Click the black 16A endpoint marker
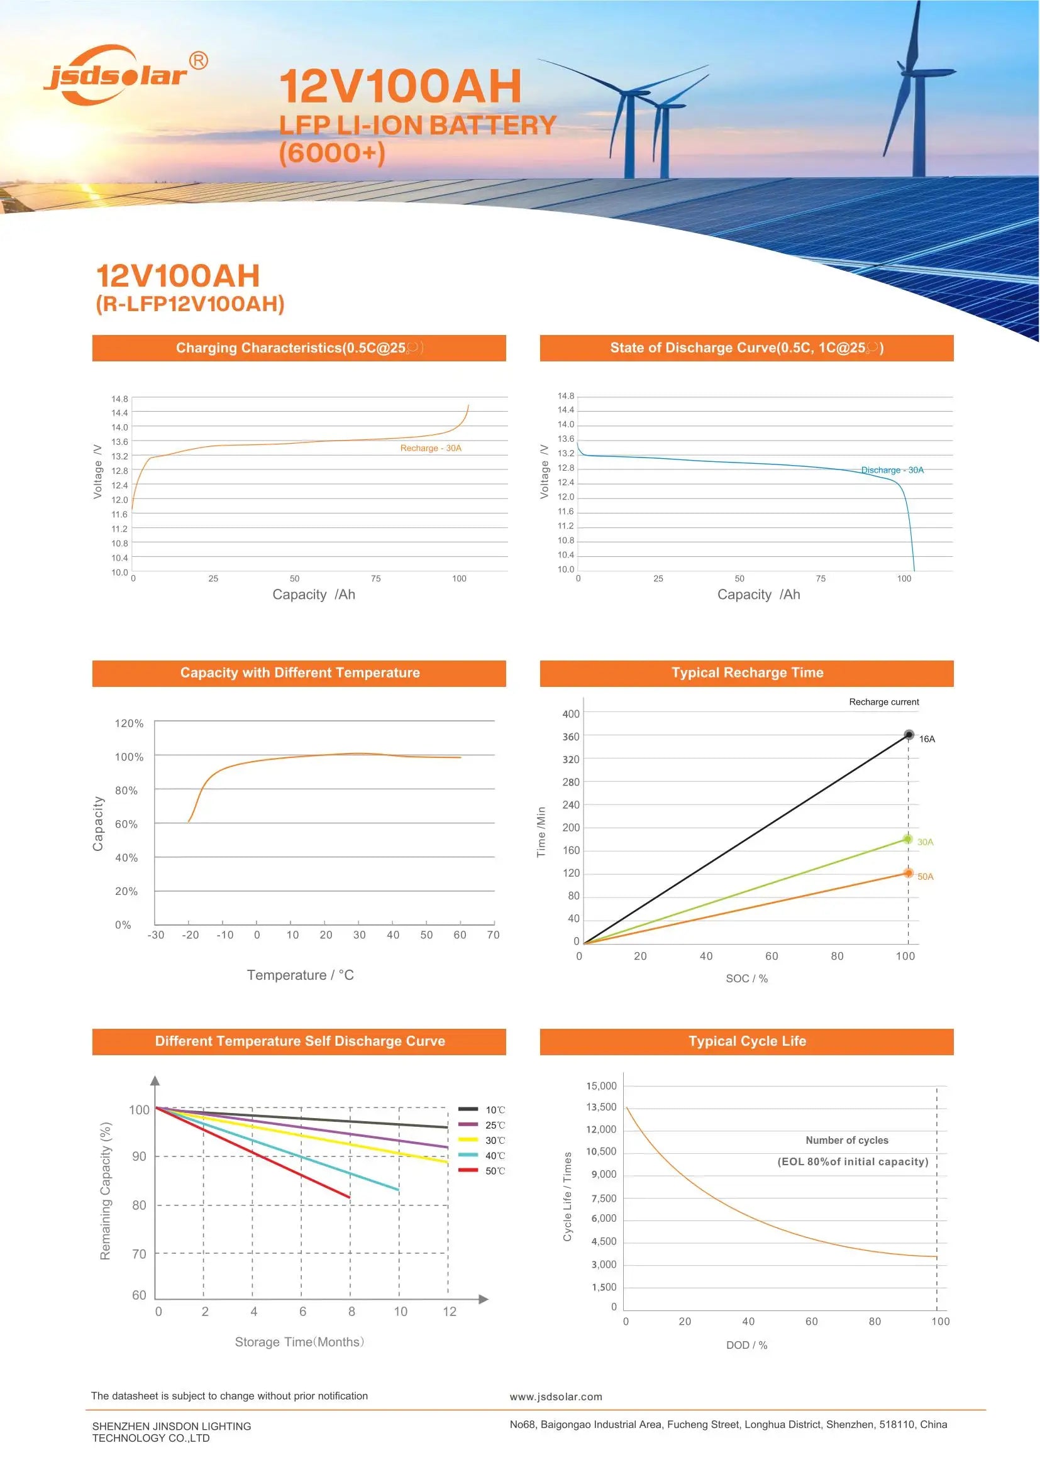click(x=909, y=734)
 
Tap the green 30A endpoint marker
click(x=907, y=839)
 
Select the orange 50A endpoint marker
click(x=908, y=873)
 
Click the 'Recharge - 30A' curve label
click(x=430, y=448)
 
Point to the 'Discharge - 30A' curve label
click(x=892, y=470)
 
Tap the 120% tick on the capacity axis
click(x=129, y=723)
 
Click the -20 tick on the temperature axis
click(x=190, y=935)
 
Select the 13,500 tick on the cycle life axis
click(x=600, y=1107)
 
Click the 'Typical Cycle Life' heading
click(x=747, y=1041)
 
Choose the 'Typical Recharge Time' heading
click(x=747, y=673)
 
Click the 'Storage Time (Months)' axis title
click(x=299, y=1341)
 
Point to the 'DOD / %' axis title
click(x=746, y=1345)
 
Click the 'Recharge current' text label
click(x=883, y=702)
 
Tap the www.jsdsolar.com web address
click(x=555, y=1397)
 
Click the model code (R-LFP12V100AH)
click(x=189, y=304)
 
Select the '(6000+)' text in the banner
click(x=332, y=153)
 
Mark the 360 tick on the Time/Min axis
click(x=570, y=737)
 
